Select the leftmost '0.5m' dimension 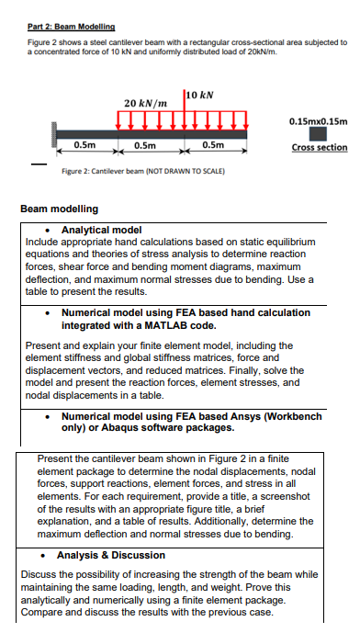click(x=85, y=145)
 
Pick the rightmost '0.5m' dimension click(x=213, y=145)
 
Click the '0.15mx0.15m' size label click(x=318, y=120)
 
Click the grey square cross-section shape click(x=318, y=134)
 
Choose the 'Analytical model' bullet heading click(x=100, y=229)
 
